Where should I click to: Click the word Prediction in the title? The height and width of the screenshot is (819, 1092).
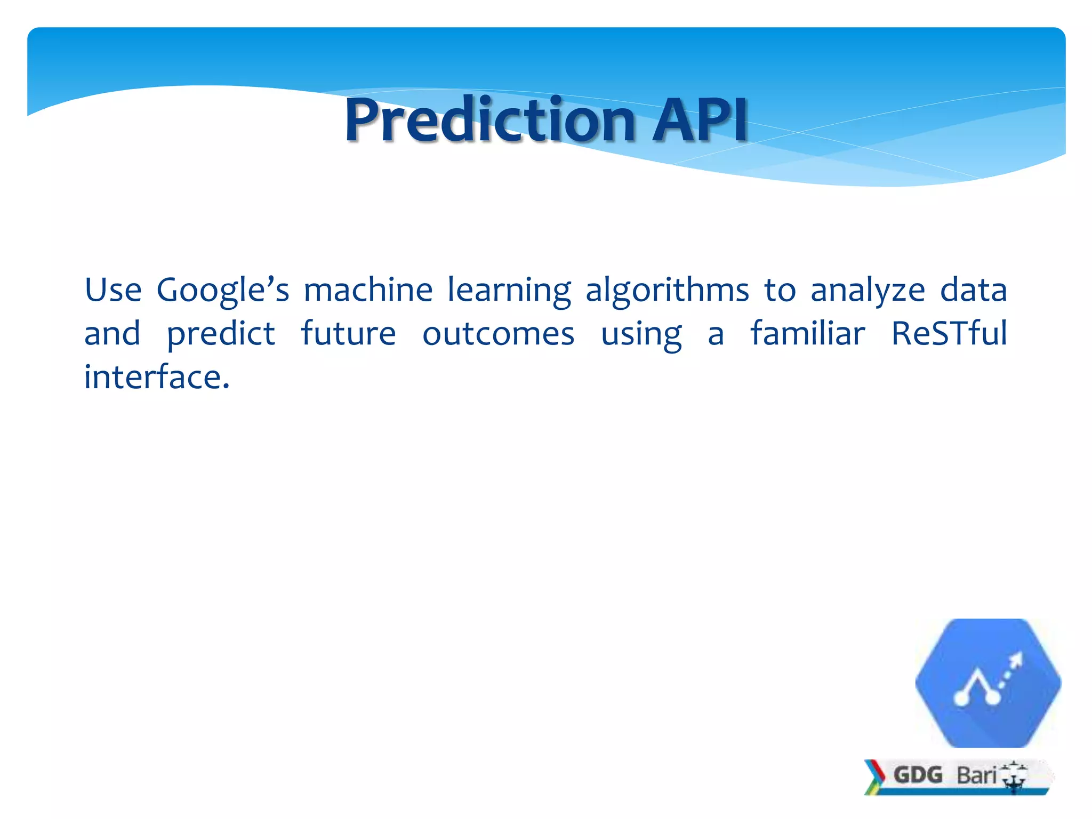pyautogui.click(x=489, y=121)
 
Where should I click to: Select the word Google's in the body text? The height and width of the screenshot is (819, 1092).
pyautogui.click(x=222, y=291)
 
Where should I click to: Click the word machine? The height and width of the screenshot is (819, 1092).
pyautogui.click(x=368, y=291)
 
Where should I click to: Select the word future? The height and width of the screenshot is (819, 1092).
pyautogui.click(x=348, y=334)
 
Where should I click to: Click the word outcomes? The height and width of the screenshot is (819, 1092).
pyautogui.click(x=498, y=334)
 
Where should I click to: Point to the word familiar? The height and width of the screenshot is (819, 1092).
pyautogui.click(x=808, y=334)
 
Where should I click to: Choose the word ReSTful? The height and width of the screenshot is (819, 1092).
pyautogui.click(x=949, y=334)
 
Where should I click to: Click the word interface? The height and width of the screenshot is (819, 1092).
pyautogui.click(x=156, y=378)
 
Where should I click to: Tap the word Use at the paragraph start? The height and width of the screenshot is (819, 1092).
pyautogui.click(x=113, y=291)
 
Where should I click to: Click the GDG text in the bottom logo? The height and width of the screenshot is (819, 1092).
pyautogui.click(x=918, y=775)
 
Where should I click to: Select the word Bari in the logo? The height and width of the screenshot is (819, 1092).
pyautogui.click(x=976, y=775)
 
